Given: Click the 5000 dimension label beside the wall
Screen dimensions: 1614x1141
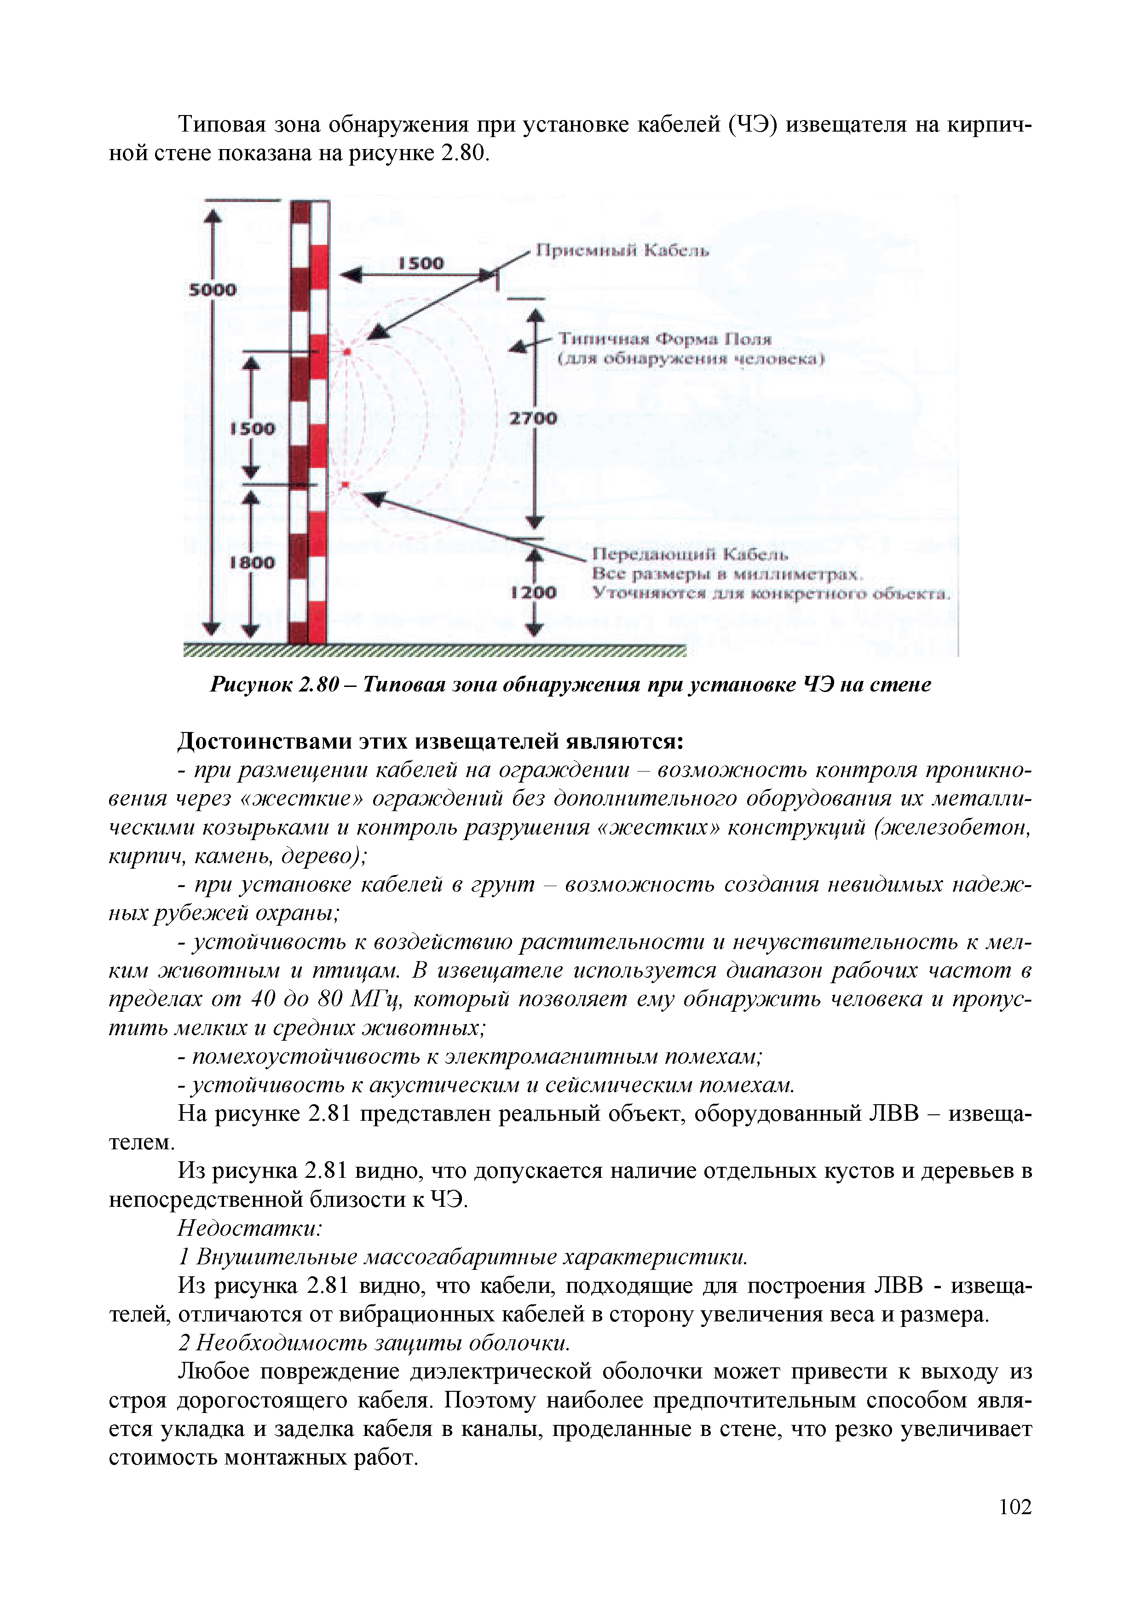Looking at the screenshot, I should (x=212, y=289).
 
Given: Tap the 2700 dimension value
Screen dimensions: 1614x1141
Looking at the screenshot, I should (x=532, y=418).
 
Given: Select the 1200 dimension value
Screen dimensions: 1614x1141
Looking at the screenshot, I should (x=534, y=593).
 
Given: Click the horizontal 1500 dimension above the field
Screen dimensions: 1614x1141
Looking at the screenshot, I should (x=421, y=263).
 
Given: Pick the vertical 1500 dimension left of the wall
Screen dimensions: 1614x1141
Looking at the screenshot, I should (x=253, y=428).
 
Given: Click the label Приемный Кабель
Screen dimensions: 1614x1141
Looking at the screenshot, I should (x=622, y=251).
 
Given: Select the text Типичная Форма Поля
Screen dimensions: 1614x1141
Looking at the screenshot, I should (x=664, y=340).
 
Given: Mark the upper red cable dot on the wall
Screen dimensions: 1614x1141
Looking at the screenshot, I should (x=346, y=350).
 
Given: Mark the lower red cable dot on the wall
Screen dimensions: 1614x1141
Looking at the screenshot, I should (x=345, y=485).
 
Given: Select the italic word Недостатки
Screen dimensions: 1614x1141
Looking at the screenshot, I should (x=249, y=1228).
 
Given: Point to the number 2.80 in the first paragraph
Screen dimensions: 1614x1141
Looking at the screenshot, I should (x=462, y=153).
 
